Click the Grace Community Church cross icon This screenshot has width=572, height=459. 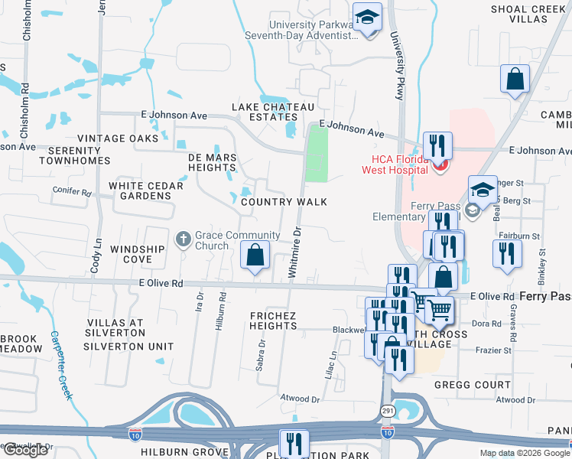pyautogui.click(x=183, y=239)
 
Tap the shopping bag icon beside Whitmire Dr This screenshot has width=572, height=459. pyautogui.click(x=255, y=256)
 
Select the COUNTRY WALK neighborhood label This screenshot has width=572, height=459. pyautogui.click(x=284, y=202)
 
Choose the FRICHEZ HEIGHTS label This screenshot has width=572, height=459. pyautogui.click(x=273, y=321)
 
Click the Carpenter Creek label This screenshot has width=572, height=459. pyautogui.click(x=62, y=366)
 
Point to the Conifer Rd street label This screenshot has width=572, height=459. pyautogui.click(x=72, y=190)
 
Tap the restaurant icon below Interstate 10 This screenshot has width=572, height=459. pyautogui.click(x=293, y=442)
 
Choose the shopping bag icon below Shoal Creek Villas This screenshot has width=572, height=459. pyautogui.click(x=515, y=79)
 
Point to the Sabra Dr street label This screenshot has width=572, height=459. pyautogui.click(x=262, y=353)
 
